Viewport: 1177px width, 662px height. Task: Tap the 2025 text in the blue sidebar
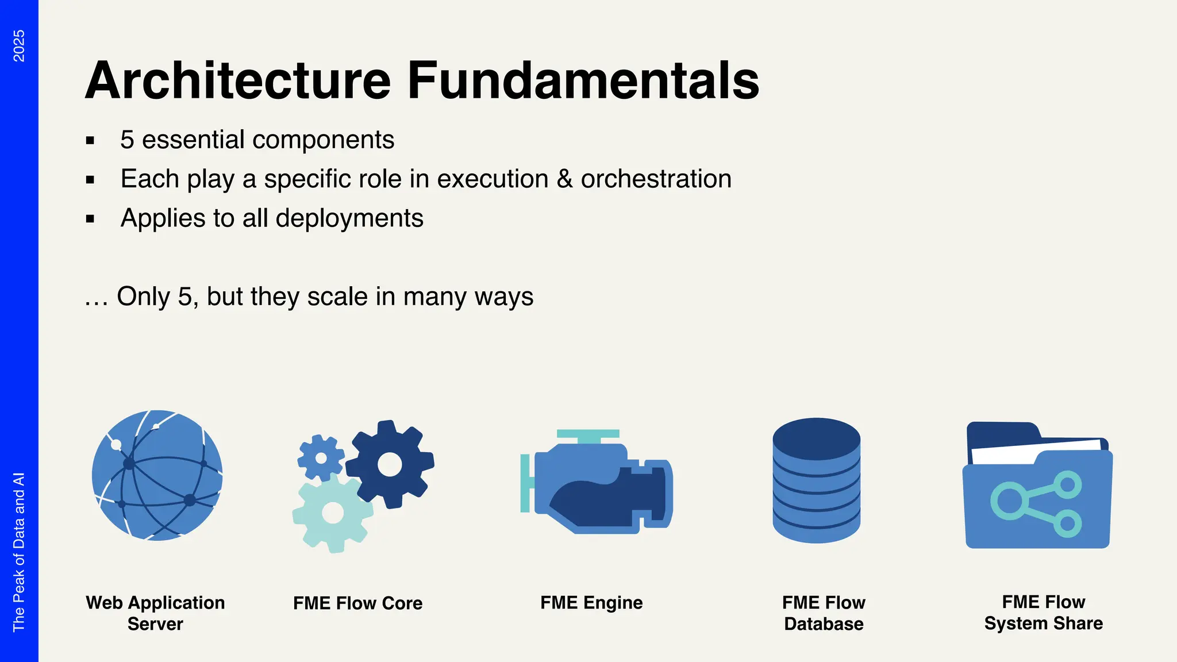[19, 46]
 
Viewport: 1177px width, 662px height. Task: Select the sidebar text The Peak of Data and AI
[19, 552]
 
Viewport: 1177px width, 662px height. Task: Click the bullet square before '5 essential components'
[90, 140]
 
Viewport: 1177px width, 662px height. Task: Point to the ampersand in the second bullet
[564, 179]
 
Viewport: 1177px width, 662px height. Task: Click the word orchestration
[656, 179]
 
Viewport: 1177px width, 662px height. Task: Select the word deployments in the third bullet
[349, 218]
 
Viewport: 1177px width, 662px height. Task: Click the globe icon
[157, 475]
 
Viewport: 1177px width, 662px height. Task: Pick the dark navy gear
[390, 464]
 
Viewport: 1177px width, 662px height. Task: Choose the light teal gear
[332, 513]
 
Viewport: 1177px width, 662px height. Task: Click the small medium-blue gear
[321, 458]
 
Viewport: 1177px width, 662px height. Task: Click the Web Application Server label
[155, 613]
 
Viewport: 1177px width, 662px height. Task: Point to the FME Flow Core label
[357, 603]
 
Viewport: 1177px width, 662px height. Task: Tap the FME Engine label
[591, 603]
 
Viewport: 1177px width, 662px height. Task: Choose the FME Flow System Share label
[1043, 613]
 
